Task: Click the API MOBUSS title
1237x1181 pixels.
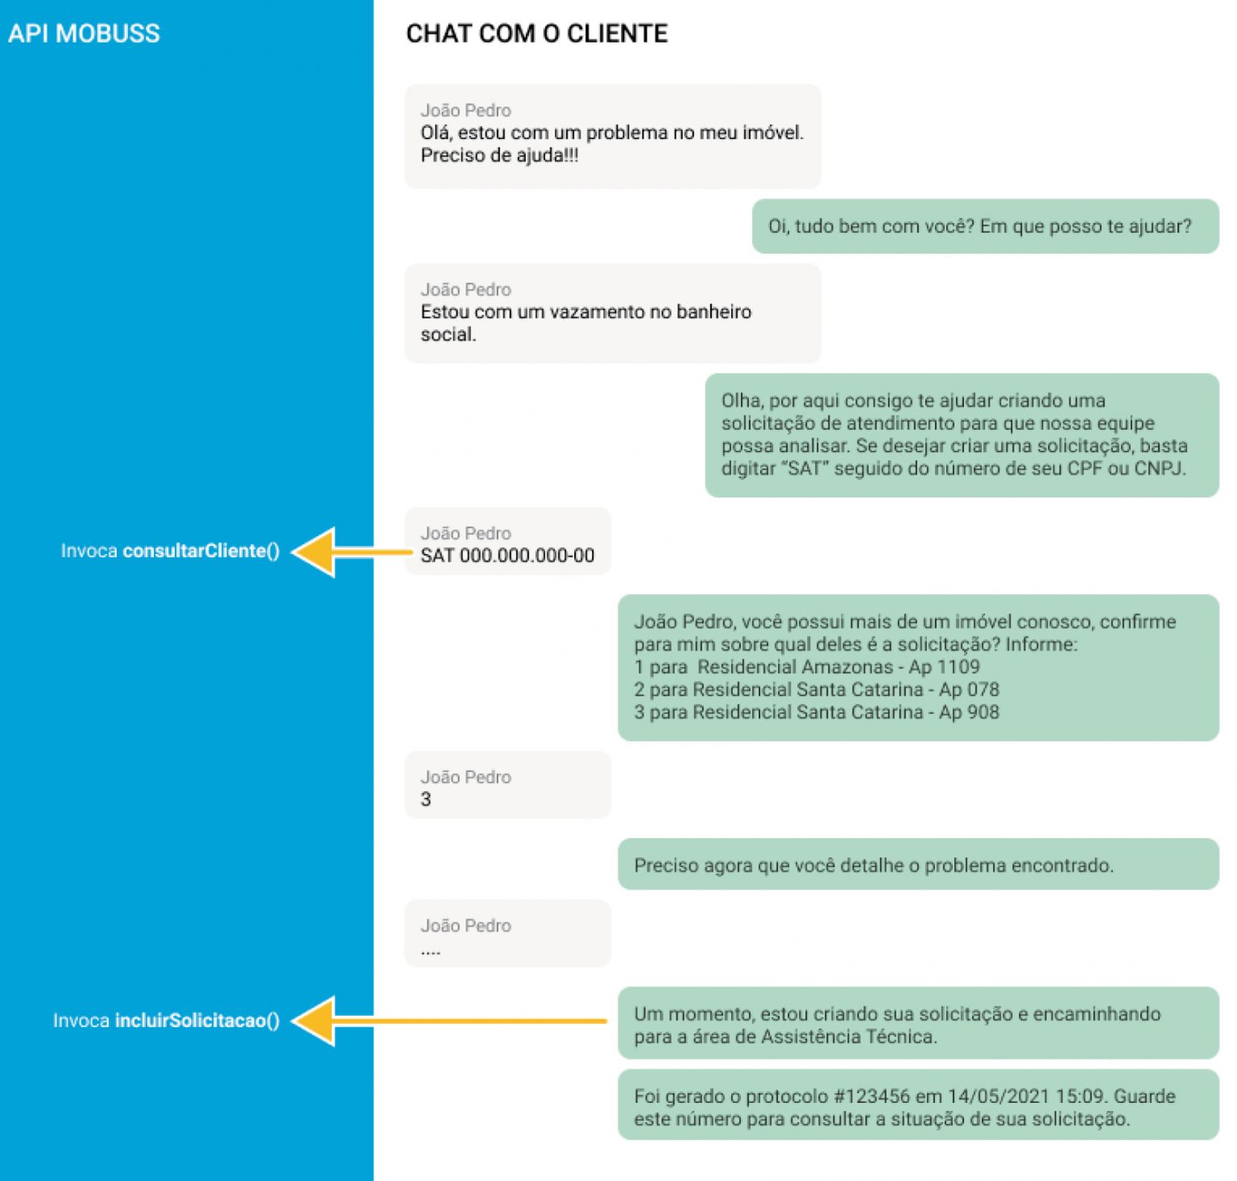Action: point(84,34)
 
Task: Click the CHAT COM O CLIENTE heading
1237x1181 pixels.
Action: point(537,34)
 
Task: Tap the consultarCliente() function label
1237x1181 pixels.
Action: point(201,551)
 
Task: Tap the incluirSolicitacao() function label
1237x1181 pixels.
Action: point(197,1021)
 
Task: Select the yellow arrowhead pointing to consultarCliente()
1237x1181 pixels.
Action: point(313,552)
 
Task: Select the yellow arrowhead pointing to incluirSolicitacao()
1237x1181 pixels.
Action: point(313,1021)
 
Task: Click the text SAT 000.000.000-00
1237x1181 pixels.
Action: point(507,555)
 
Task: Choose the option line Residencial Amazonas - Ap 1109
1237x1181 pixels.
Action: point(807,667)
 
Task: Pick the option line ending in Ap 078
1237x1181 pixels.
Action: point(817,689)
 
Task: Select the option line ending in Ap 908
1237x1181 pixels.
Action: point(817,712)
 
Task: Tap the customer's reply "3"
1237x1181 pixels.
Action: point(426,799)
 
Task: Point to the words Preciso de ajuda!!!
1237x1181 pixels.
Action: point(499,155)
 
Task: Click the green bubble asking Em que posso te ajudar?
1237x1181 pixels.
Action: point(986,226)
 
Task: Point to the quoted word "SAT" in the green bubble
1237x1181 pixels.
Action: point(805,469)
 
